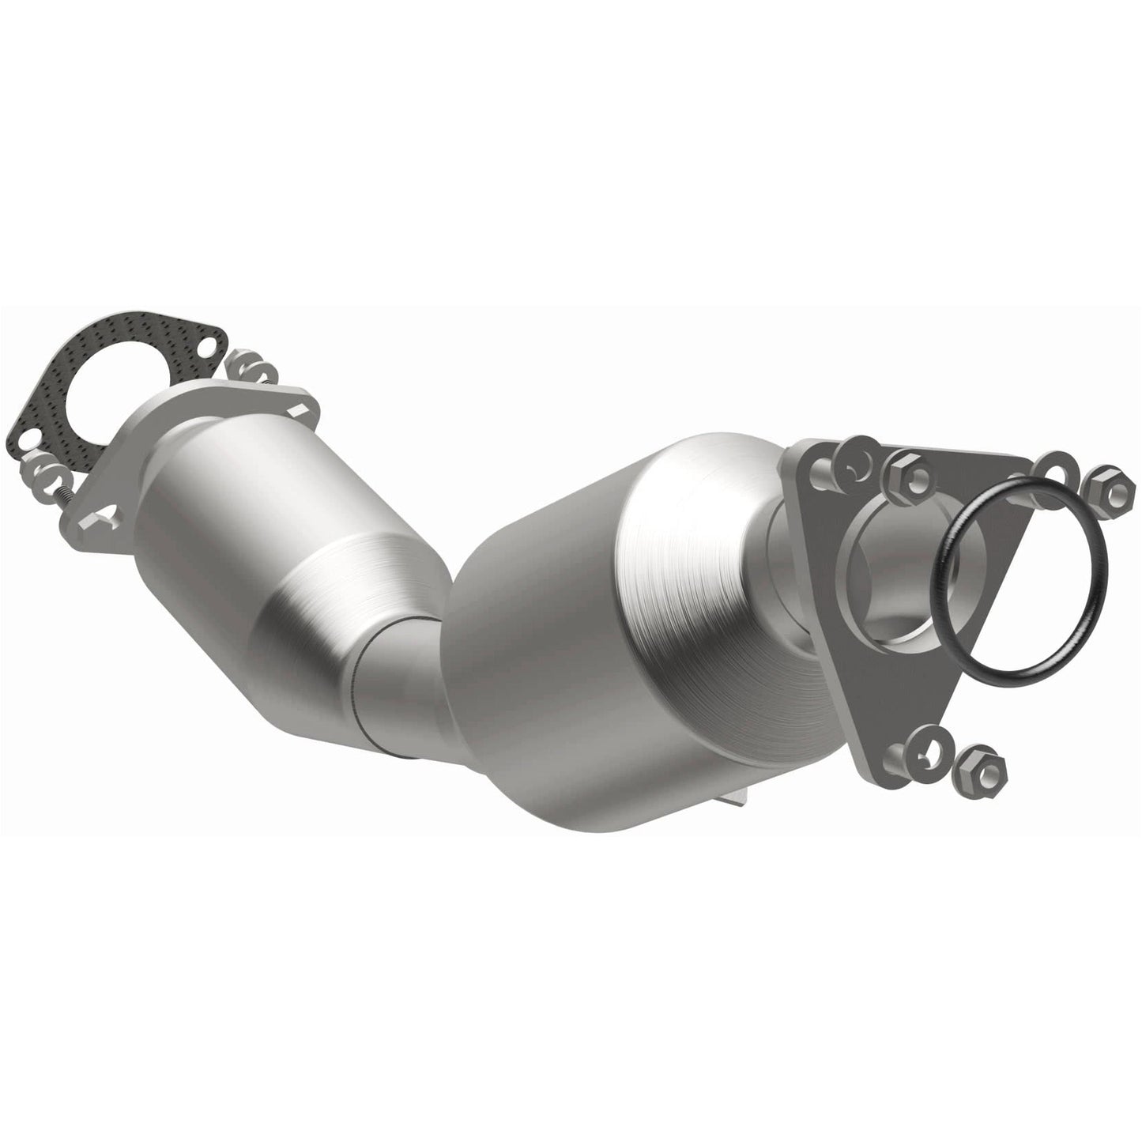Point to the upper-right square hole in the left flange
point(299,410)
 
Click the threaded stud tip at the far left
point(63,496)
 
